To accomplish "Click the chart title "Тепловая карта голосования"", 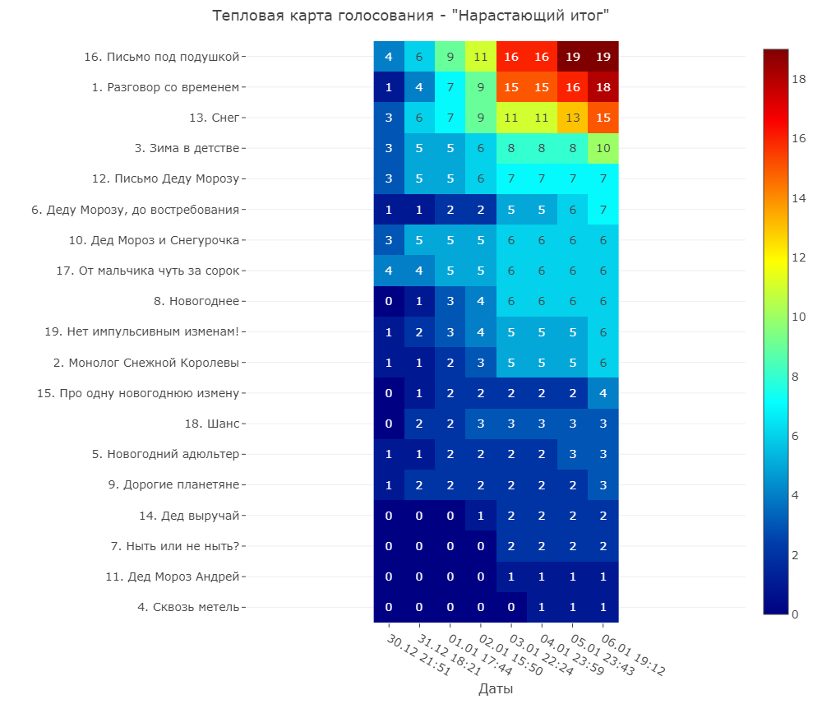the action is click(322, 15).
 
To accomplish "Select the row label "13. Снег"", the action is click(215, 118).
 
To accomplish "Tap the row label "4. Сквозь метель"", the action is click(188, 607).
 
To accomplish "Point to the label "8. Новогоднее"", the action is click(196, 301).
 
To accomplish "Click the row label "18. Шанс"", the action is click(212, 424).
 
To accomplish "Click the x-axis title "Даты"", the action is click(496, 688).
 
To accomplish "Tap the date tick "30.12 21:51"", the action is click(419, 654).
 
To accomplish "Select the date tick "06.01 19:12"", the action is click(633, 654).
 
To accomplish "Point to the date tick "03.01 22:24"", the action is click(542, 654).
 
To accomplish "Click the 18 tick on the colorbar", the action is click(798, 79).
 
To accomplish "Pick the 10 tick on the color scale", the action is click(798, 317).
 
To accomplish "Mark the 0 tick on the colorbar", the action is click(795, 614).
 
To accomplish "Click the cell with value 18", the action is click(603, 87).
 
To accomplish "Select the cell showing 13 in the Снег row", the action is click(572, 118).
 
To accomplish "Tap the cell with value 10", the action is click(603, 148).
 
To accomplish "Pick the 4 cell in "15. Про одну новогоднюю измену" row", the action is click(603, 393).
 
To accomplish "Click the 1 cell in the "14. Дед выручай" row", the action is click(481, 516).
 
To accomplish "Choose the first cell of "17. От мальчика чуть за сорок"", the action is click(389, 271).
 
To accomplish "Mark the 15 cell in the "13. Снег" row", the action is click(603, 118).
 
